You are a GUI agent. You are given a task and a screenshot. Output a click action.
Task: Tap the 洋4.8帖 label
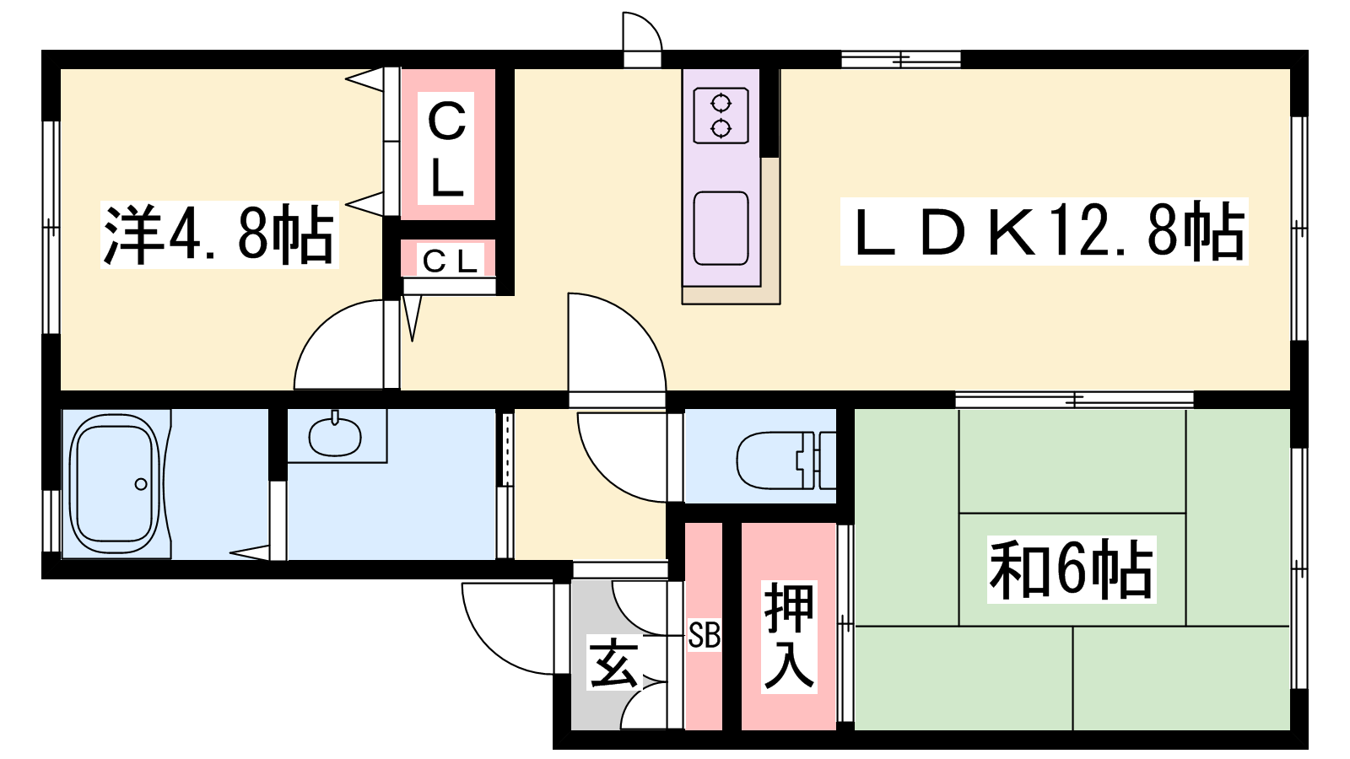coord(219,235)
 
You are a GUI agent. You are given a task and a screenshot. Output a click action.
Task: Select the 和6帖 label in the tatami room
coord(1071,570)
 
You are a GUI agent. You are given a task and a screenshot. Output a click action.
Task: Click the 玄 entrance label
coord(613,665)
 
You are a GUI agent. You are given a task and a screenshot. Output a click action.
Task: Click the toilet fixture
coord(786,460)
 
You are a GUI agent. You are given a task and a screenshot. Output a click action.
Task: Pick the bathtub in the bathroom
coord(115,484)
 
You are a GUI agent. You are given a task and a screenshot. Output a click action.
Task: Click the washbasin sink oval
coord(334,436)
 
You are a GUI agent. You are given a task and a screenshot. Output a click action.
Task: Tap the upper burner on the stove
coord(721,104)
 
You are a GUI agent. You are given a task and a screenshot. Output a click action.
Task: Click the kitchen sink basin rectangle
coord(721,229)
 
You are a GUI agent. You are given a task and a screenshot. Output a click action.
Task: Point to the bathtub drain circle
coord(141,484)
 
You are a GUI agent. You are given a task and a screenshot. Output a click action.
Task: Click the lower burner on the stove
coord(721,128)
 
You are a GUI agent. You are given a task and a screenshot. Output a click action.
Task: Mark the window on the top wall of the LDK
coord(901,59)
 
